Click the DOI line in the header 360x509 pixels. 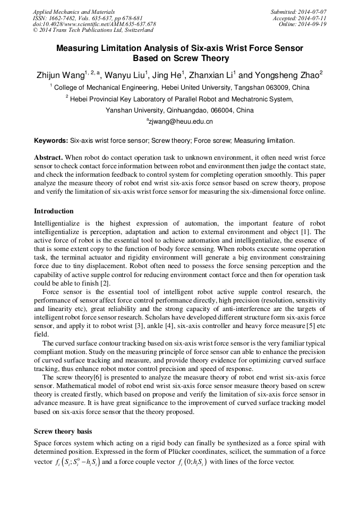[95, 24]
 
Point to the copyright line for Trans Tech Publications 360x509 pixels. [93, 31]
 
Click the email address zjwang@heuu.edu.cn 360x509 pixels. [181, 122]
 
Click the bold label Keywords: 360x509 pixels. [51, 141]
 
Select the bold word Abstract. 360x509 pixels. [48, 158]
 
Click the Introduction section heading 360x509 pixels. [54, 211]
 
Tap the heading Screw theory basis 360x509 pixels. [63, 432]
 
